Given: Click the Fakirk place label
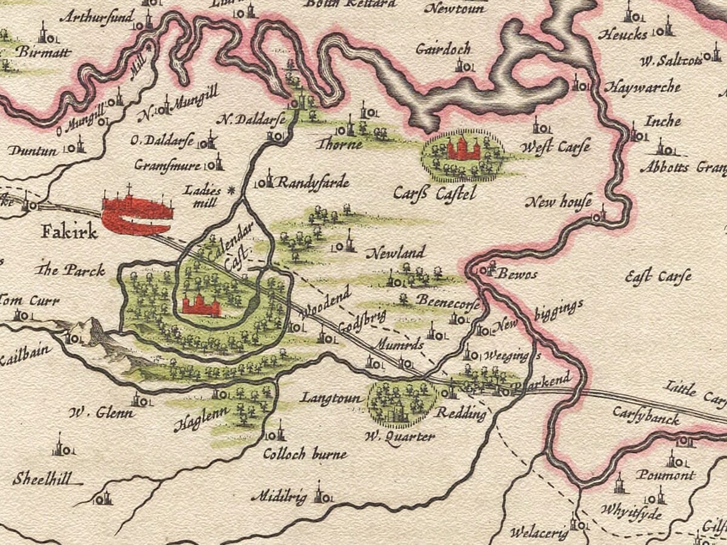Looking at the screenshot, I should click(x=70, y=232).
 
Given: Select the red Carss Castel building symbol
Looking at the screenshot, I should click(x=463, y=148).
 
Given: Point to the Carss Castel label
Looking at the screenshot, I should click(x=434, y=194).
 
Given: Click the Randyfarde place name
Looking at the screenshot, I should click(x=305, y=182).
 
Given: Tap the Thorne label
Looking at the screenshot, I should click(x=339, y=144).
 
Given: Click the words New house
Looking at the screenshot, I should click(x=558, y=202).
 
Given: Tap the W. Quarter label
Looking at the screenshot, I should click(x=400, y=437).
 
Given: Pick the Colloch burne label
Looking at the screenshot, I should click(x=305, y=454).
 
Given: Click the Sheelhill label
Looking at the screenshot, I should click(x=40, y=479).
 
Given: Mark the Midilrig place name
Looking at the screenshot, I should click(x=279, y=497).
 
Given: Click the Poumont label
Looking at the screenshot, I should click(x=665, y=475).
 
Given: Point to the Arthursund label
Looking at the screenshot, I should click(x=97, y=16).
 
